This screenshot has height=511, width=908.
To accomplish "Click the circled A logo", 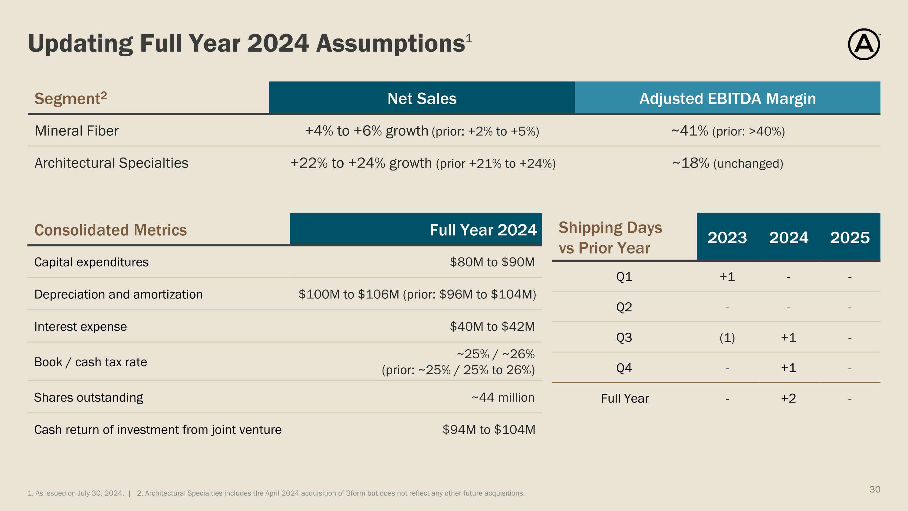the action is coord(864,45).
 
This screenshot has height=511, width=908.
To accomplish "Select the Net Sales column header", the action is coord(422,99).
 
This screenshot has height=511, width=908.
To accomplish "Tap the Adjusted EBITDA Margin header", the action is coord(728,99).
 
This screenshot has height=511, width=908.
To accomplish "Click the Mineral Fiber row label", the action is coord(77,131).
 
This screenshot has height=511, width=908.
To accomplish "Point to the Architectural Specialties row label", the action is coord(111,163).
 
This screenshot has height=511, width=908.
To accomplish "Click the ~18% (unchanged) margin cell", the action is coord(728,163).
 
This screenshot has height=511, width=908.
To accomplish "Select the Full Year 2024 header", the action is coord(483,230).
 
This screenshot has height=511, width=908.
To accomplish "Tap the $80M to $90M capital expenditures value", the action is coord(492,262).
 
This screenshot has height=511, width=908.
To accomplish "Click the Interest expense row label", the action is coord(81,327).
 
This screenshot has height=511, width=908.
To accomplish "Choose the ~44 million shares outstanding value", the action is coord(503,397).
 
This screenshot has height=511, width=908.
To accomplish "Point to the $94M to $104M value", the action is coord(489,430).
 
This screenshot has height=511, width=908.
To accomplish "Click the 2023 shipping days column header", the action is coord(727,238).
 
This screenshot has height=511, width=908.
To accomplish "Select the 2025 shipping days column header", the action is coord(850,238).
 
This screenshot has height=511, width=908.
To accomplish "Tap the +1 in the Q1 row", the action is coord(727,277).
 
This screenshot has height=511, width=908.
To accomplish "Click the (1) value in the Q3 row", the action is coord(727,337).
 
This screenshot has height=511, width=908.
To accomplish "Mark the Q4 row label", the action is coord(624,368).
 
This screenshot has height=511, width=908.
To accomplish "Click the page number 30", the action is coord(875,489).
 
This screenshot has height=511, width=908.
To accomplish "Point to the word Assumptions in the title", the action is coord(390,45).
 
